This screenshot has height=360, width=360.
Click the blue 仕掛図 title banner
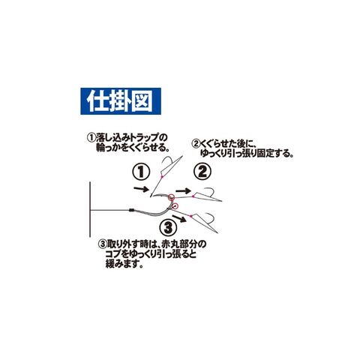pos(121,101)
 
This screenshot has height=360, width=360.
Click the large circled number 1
pos(141,172)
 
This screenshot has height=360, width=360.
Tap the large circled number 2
pos(202,172)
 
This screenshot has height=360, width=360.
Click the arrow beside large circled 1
pos(141,189)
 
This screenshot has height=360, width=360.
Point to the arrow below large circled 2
pos(183,191)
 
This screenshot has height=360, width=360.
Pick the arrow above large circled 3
pos(180,218)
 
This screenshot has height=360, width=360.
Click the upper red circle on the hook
pos(171,197)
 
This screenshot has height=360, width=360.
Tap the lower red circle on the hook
pos(175,206)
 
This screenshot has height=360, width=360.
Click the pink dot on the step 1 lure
pos(162,177)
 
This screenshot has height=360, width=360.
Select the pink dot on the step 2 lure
pos(193,196)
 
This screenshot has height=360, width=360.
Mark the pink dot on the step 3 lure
pos(190,216)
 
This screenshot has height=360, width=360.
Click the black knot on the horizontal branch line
pos(131,210)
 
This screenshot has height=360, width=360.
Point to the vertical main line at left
pos(90,209)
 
